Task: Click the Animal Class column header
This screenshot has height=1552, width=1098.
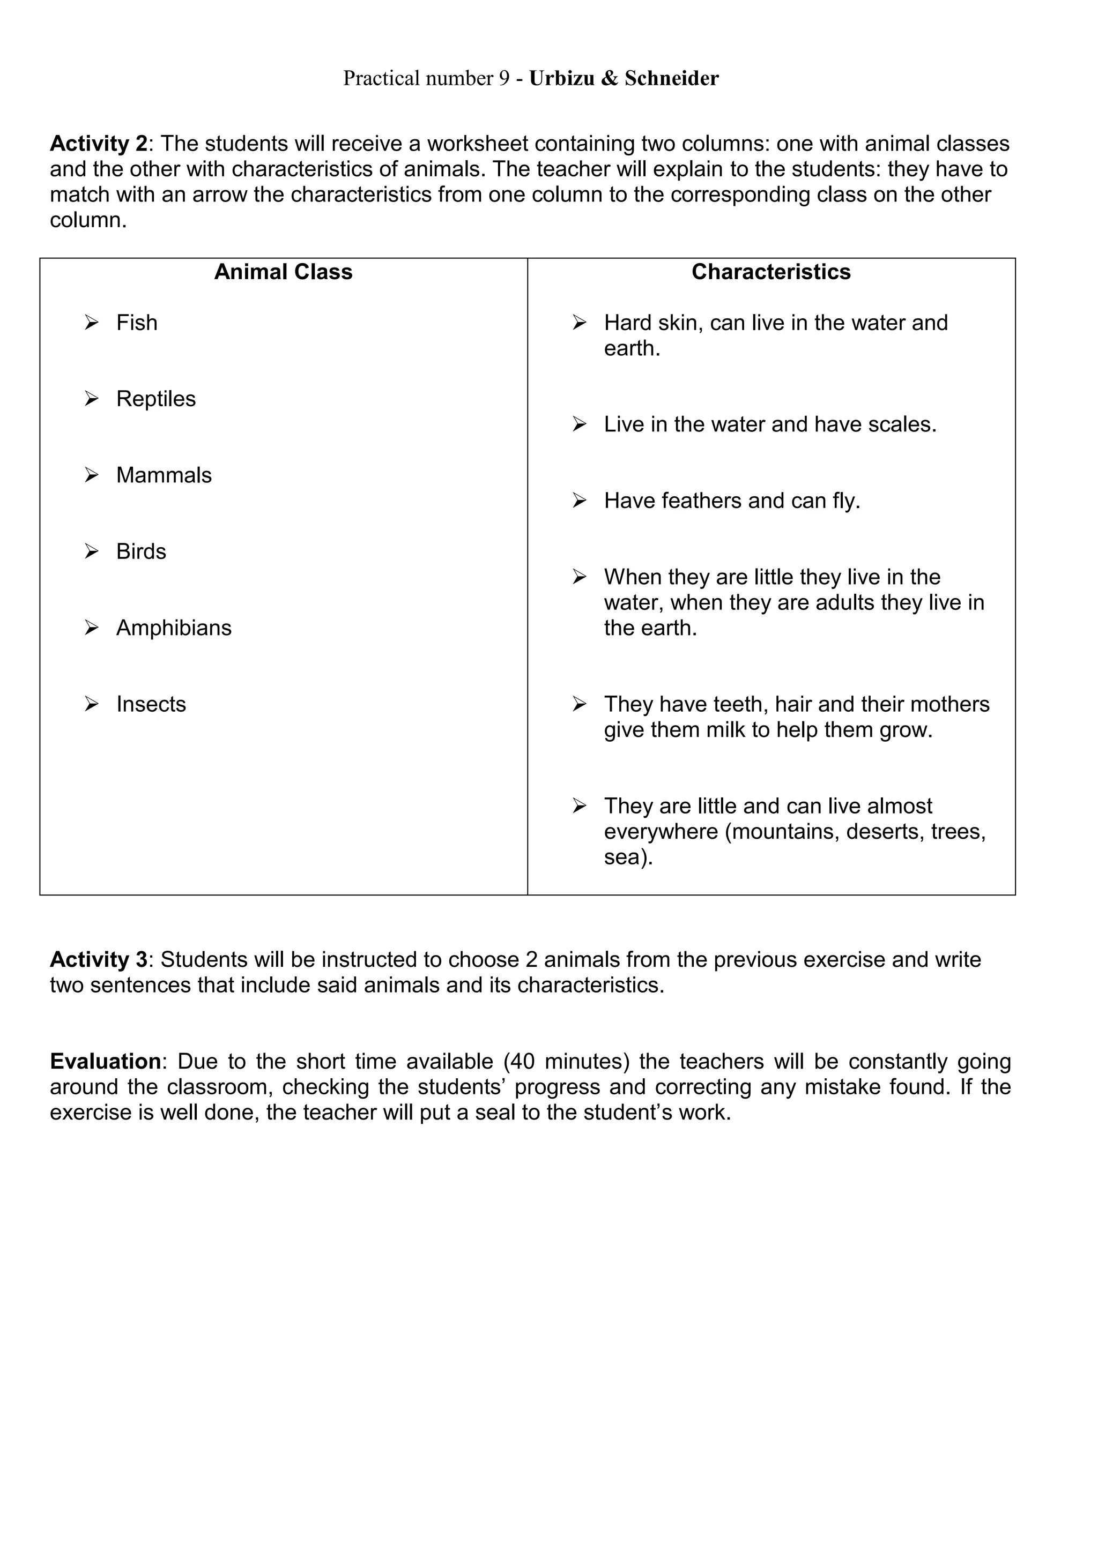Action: (x=283, y=272)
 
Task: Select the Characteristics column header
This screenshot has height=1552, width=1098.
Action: (x=771, y=272)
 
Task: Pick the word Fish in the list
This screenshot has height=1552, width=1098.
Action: (x=137, y=323)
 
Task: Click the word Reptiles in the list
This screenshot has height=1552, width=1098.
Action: (x=155, y=399)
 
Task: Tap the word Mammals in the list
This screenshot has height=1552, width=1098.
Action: (x=164, y=475)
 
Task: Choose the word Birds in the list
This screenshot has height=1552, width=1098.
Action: (x=140, y=551)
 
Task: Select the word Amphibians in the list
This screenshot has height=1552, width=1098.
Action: (x=174, y=628)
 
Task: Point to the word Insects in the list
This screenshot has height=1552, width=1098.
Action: (x=151, y=704)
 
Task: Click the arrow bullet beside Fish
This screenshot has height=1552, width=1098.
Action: (x=91, y=323)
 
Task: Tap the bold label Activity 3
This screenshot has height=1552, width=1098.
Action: (x=99, y=959)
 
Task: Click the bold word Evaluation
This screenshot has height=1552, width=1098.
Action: (x=106, y=1061)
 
